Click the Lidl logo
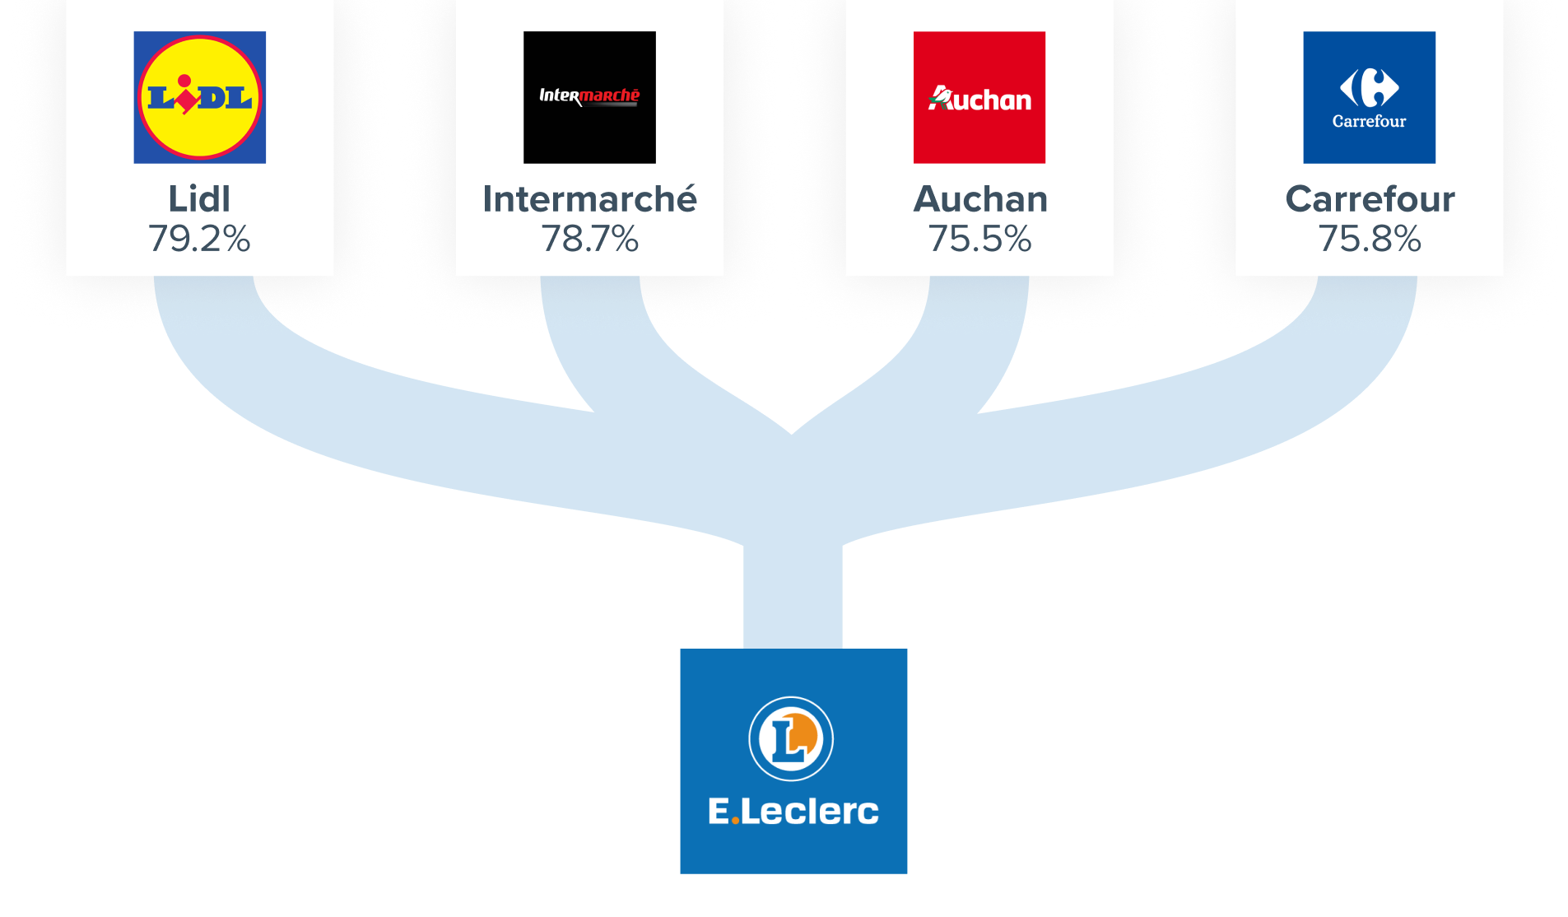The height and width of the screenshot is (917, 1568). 199,97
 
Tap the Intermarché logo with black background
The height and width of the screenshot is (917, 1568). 589,97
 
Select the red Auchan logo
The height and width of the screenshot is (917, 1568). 979,97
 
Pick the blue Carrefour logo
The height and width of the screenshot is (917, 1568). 1369,97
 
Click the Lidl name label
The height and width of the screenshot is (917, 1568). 199,199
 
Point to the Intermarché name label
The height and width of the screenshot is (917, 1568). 589,199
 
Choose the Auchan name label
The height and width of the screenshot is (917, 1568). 979,199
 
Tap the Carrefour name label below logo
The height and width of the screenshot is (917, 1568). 1370,199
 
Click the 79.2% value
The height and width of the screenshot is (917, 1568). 199,240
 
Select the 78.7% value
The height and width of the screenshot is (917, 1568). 589,240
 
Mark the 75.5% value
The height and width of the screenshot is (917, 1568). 979,240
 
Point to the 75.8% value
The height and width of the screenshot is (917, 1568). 1370,240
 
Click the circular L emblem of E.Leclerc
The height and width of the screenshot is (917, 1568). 791,738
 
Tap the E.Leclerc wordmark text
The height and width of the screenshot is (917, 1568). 793,812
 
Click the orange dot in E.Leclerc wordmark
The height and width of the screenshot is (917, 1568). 735,821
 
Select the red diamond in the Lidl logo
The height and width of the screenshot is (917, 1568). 188,100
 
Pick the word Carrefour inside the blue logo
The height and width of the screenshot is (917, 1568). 1369,121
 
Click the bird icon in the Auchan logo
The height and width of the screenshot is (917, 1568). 939,98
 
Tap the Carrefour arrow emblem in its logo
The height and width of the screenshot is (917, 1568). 1369,87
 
